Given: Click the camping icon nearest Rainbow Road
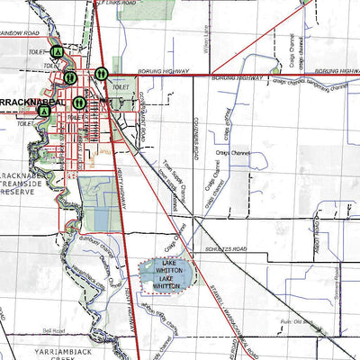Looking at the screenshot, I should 57,52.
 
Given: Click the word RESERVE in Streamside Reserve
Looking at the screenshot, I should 18,192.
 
